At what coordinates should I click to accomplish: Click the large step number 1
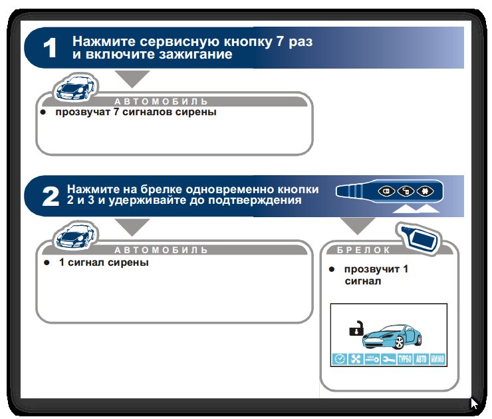[50, 48]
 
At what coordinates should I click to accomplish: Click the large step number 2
[51, 197]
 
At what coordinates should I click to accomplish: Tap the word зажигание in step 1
[195, 55]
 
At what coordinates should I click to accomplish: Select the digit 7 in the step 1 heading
[280, 41]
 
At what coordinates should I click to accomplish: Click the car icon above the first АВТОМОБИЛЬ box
[75, 88]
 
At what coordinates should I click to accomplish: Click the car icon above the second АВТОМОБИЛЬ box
[75, 236]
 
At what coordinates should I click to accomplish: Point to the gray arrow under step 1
[132, 79]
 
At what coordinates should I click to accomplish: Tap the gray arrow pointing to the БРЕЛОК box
[358, 226]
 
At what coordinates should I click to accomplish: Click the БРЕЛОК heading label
[364, 250]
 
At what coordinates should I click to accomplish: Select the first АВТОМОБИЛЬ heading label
[161, 101]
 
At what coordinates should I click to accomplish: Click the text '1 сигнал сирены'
[104, 262]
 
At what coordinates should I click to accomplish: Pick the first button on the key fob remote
[386, 191]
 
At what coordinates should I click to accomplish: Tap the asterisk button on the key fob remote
[425, 191]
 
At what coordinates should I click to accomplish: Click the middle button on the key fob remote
[406, 191]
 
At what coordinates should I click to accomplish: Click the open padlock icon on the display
[356, 328]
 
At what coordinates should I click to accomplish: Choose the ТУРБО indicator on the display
[404, 359]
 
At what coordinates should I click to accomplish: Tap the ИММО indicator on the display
[437, 359]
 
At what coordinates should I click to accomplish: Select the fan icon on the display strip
[356, 359]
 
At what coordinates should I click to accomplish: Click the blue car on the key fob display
[392, 336]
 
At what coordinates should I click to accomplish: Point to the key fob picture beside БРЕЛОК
[419, 238]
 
